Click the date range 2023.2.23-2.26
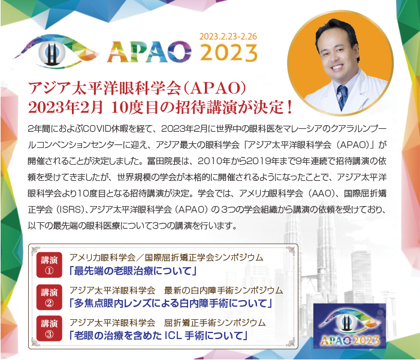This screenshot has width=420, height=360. tap(228, 37)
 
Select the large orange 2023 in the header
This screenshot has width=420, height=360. tap(229, 53)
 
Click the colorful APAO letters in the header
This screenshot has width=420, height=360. tap(149, 52)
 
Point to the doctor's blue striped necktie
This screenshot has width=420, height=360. tap(342, 97)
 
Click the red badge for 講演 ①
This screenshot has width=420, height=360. tap(49, 265)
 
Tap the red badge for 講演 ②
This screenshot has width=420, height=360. tap(49, 297)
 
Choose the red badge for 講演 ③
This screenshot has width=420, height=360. tap(49, 328)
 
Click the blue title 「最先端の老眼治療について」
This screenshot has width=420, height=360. tap(133, 271)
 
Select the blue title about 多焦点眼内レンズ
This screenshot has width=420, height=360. tap(171, 303)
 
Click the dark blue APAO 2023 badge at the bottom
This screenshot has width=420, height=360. tap(350, 326)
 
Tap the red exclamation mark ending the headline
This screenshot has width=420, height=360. tap(289, 107)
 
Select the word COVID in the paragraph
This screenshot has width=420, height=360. tap(98, 129)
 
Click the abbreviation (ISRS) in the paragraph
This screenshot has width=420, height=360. tap(70, 210)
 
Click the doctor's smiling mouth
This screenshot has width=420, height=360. tap(336, 67)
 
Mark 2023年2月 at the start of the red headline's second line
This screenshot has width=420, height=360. tap(66, 107)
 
